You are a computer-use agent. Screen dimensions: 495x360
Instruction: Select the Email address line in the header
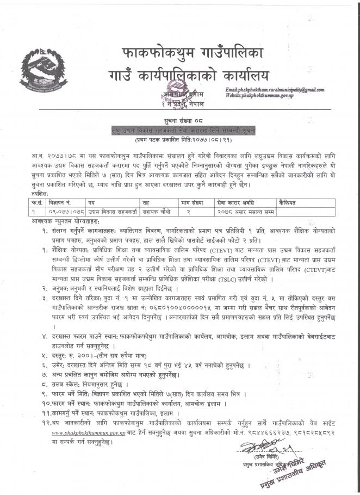point(274,90)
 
